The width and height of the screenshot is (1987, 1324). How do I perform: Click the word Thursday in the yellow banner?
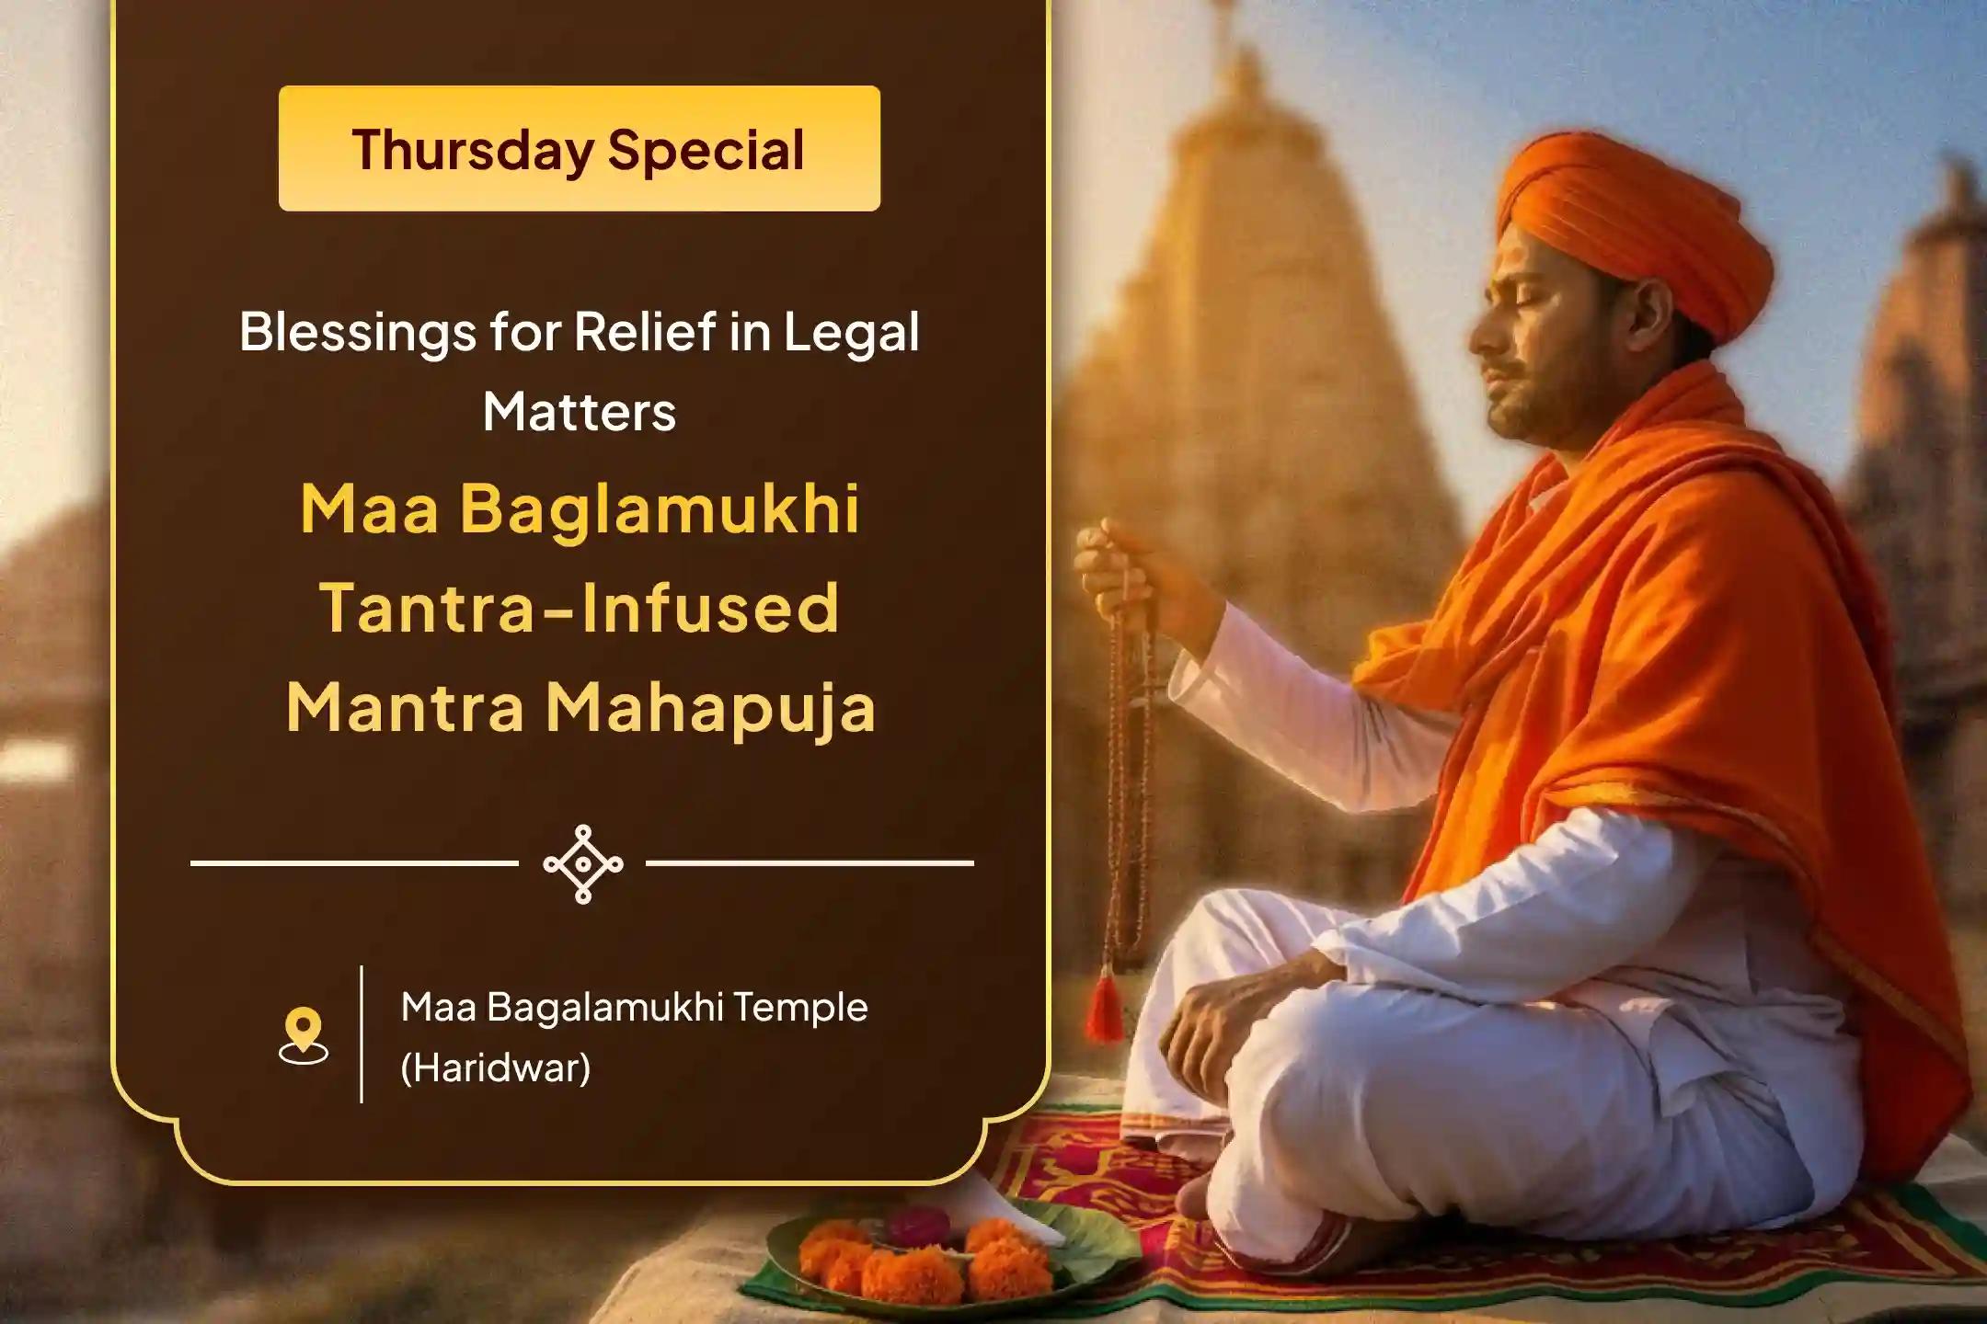pos(473,150)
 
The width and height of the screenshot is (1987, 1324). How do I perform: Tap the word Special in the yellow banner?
pos(706,150)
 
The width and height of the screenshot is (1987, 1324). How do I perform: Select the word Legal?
pos(851,333)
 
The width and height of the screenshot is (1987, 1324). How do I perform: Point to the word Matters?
pos(580,411)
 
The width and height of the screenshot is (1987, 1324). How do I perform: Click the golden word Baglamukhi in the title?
pos(660,509)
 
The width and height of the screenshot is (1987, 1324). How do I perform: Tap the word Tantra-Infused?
pos(580,608)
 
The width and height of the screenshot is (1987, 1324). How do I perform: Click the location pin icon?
pos(304,1035)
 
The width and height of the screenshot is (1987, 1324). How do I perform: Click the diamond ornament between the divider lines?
pos(583,864)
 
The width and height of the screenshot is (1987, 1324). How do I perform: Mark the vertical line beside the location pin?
pos(362,1033)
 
